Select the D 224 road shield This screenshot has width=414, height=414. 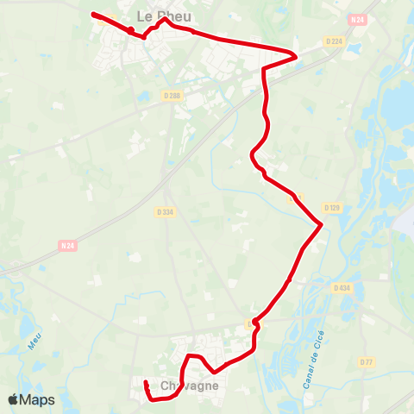tap(335, 41)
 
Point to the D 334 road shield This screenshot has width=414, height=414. tap(166, 211)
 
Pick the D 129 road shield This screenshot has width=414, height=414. tap(333, 208)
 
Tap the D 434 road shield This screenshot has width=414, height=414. tap(342, 288)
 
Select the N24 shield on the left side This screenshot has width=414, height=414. tap(68, 245)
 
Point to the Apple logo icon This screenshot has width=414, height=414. tap(13, 399)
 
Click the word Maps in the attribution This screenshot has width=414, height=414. tap(38, 399)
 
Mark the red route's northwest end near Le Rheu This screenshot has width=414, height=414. tap(93, 14)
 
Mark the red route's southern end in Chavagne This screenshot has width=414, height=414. tap(146, 383)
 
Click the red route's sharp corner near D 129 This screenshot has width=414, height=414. tap(321, 224)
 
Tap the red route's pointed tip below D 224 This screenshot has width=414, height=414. tap(297, 57)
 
